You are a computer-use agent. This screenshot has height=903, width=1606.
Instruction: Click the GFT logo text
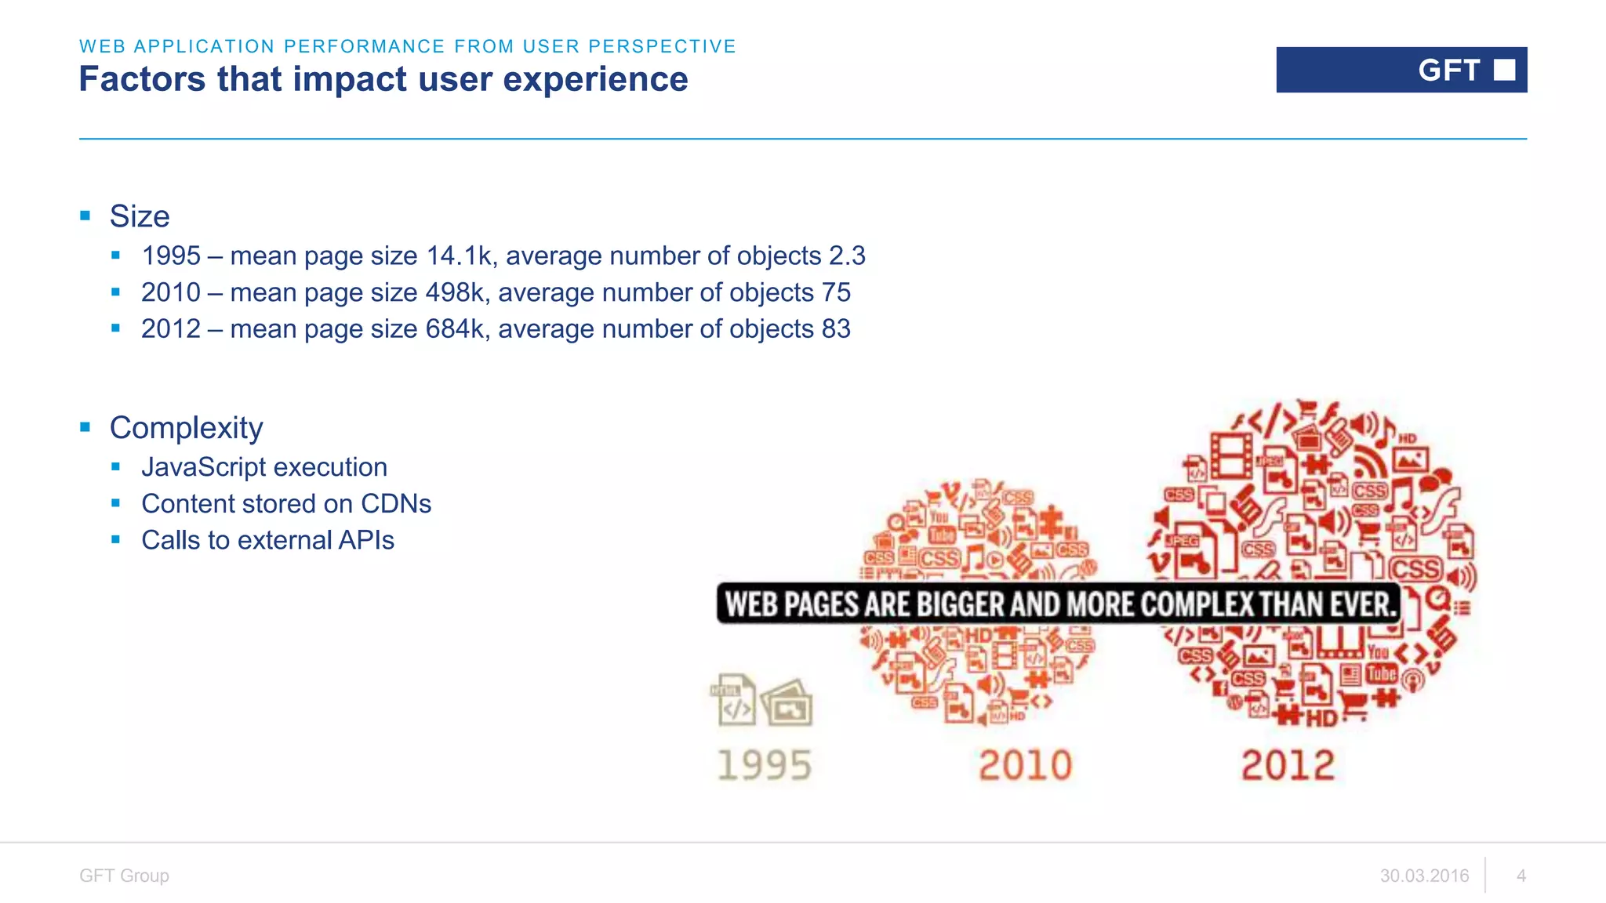[1448, 71]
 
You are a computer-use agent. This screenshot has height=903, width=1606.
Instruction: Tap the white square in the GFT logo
[1504, 70]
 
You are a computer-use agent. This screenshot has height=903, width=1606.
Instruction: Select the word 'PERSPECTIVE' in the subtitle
[662, 46]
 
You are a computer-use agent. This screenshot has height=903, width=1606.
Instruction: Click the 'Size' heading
[140, 216]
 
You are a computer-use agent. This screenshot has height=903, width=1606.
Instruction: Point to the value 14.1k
[459, 256]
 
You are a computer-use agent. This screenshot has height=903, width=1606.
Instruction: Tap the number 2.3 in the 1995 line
[847, 256]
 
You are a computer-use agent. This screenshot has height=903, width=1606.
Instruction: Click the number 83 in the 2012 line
[836, 329]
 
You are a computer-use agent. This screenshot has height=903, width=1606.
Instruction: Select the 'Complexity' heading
[186, 428]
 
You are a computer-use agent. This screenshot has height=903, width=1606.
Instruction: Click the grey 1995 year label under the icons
[765, 765]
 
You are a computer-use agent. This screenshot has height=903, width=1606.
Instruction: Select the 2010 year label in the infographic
[1025, 765]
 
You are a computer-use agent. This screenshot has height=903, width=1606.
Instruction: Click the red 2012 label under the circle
[1288, 765]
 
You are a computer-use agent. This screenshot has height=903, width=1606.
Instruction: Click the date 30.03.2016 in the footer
[1424, 876]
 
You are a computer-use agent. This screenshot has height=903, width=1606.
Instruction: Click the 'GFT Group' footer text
[124, 876]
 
